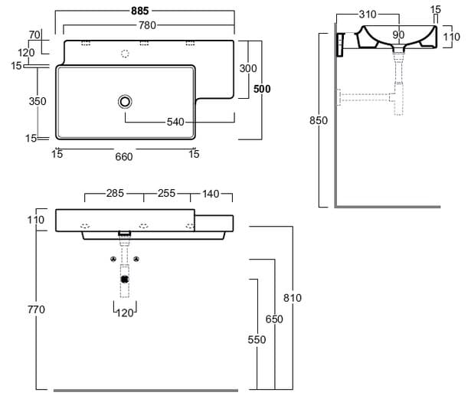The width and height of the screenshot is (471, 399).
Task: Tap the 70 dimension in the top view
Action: tap(34, 35)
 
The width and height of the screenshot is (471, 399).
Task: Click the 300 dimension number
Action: tap(247, 68)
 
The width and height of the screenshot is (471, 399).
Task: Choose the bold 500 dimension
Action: tap(263, 89)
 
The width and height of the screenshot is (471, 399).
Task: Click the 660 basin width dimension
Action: tap(124, 156)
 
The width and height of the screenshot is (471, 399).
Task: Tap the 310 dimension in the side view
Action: tap(368, 15)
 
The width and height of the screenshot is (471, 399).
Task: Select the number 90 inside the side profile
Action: tap(398, 34)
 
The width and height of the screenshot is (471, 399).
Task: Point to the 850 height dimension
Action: tap(319, 120)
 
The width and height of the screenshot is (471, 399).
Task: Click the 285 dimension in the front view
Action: tap(114, 194)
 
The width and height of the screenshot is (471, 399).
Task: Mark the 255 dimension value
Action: tap(167, 194)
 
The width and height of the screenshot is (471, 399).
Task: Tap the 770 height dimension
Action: tap(36, 309)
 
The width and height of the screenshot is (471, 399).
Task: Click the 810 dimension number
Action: tap(293, 298)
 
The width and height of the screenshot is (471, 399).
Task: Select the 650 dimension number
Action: tap(273, 319)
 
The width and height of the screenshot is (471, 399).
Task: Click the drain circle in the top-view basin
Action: tap(124, 101)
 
